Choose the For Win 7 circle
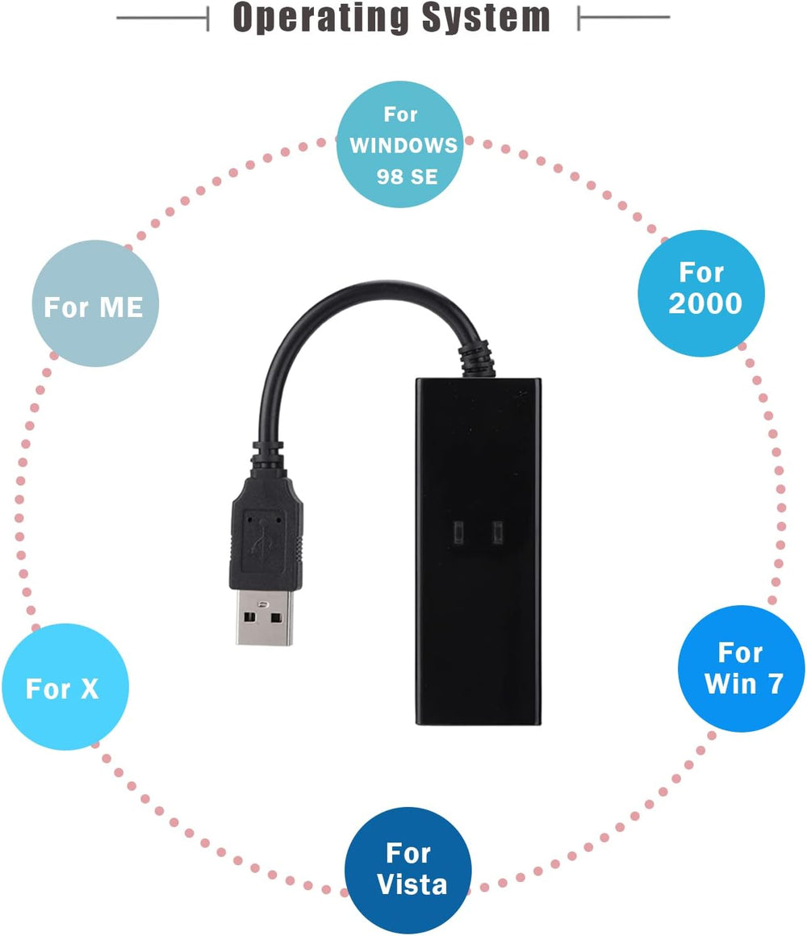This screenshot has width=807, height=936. [x=741, y=669]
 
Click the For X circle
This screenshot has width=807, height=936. [x=65, y=687]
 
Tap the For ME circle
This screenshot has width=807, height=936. [x=95, y=304]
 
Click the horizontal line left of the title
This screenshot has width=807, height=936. [x=162, y=17]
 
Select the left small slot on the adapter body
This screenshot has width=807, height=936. [x=457, y=532]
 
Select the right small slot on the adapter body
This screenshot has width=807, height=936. [x=497, y=532]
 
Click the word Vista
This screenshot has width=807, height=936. [x=412, y=884]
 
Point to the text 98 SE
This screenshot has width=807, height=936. [x=406, y=177]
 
